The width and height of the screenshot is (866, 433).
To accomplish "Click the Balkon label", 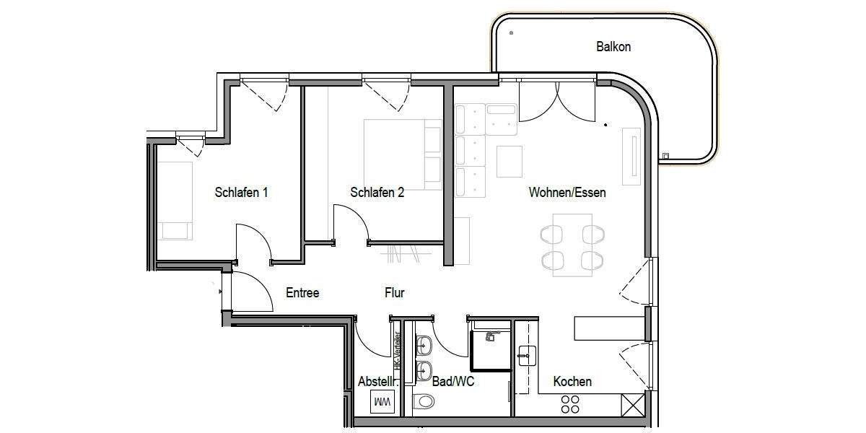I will (x=613, y=47).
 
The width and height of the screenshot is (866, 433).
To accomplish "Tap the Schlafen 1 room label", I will (x=242, y=193).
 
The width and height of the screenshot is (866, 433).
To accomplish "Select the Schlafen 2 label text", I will (x=377, y=193).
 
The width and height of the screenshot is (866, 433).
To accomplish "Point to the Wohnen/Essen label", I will (x=567, y=193).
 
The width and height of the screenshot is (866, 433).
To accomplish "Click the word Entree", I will (x=302, y=293).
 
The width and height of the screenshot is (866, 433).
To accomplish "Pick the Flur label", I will (x=394, y=293).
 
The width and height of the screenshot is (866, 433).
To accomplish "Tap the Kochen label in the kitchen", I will (x=572, y=381).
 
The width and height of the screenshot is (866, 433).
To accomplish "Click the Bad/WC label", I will (x=452, y=381).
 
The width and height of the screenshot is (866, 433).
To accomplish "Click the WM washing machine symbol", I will (x=382, y=401).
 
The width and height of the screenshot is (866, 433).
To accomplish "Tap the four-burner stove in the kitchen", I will (x=570, y=404).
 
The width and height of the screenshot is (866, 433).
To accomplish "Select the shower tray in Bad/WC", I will (x=490, y=351).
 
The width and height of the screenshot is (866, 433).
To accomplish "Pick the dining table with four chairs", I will (x=572, y=245).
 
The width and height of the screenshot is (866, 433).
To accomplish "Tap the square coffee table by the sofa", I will (x=509, y=162).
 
